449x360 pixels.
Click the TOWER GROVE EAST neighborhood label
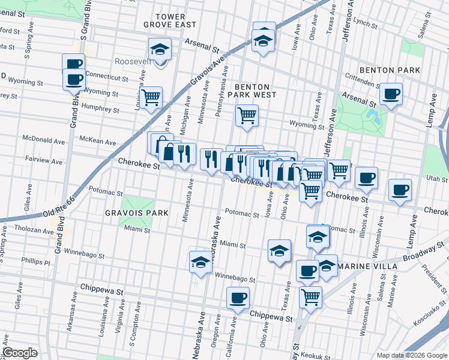click(170, 20)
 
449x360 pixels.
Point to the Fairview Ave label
click(43, 161)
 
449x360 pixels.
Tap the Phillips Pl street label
click(35, 262)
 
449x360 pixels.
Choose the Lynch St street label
click(364, 22)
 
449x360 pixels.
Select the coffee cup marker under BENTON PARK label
click(391, 94)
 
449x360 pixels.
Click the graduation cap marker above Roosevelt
click(160, 49)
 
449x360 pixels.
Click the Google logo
click(20, 353)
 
